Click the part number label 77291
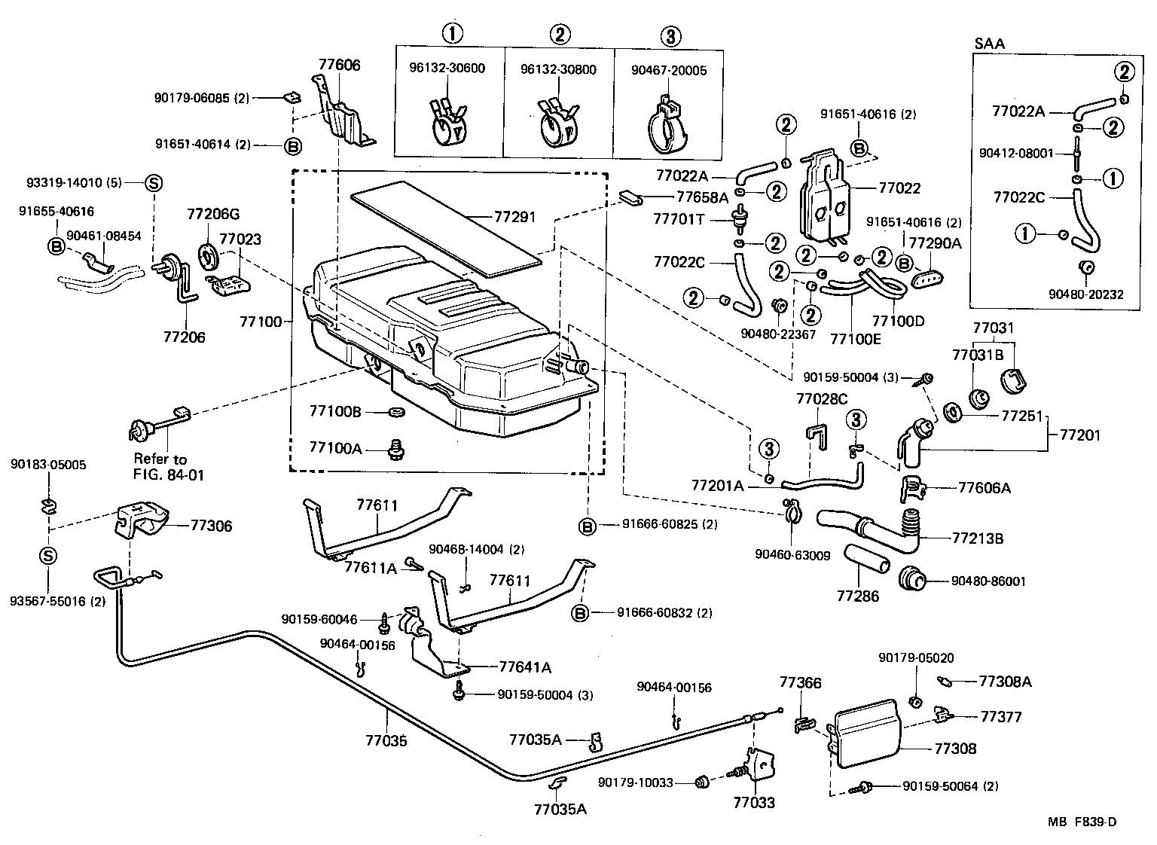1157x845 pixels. pos(514,218)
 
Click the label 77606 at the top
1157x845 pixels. pos(339,66)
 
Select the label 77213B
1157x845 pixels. pos(978,538)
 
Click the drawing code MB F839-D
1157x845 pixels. pos(1081,822)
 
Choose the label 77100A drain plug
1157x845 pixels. pos(335,448)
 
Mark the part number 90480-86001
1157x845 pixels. pos(988,581)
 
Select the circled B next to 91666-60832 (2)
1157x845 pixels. pos(580,613)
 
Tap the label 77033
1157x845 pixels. pos(753,803)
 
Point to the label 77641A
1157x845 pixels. pos(525,667)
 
